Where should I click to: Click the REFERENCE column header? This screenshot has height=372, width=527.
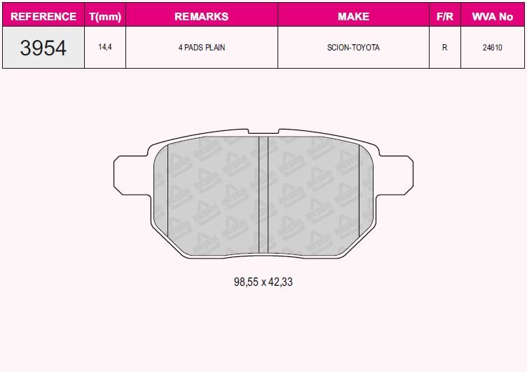[x=43, y=16]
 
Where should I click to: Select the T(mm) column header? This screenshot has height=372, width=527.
[x=105, y=16]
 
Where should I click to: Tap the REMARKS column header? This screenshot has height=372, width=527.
[x=201, y=16]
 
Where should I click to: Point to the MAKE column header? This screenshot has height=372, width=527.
[x=353, y=16]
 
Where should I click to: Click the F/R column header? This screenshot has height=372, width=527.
[x=444, y=16]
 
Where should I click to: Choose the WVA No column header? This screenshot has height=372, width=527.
[x=493, y=16]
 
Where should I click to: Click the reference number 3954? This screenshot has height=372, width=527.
[x=43, y=48]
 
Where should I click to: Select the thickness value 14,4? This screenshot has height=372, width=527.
[x=105, y=48]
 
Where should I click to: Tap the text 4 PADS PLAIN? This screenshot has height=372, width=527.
[x=201, y=48]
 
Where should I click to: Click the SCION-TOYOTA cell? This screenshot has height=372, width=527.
[x=353, y=48]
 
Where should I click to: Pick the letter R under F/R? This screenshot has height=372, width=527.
[x=444, y=48]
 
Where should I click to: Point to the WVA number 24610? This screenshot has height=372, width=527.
[x=493, y=48]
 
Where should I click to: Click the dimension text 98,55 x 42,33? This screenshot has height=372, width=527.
[x=263, y=282]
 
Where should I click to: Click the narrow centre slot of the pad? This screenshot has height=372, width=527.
[x=263, y=195]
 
